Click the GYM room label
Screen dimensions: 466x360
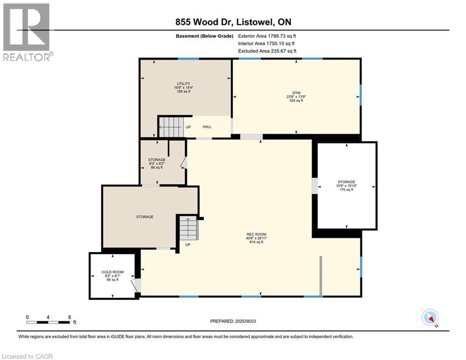[x=296, y=93]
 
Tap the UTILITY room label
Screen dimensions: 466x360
[x=184, y=84]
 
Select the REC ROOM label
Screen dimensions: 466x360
[x=257, y=234]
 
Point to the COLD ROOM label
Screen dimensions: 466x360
[x=113, y=272]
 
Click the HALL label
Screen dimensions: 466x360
[x=207, y=127]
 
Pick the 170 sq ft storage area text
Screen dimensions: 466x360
[x=347, y=189]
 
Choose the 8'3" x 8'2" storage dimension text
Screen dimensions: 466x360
[x=157, y=164]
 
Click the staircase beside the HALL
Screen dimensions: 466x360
[x=170, y=127]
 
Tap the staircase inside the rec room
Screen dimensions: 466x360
[x=189, y=229]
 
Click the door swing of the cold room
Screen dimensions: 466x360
[x=136, y=285]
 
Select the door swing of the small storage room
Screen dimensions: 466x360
[x=184, y=163]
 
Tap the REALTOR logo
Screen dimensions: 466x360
[x=27, y=32]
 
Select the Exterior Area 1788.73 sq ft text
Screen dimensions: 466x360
[x=267, y=36]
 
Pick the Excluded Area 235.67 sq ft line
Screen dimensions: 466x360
[x=267, y=51]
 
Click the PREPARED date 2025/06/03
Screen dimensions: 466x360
[x=233, y=321]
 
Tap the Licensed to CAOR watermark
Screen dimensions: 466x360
[x=27, y=356]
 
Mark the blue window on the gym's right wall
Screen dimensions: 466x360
[x=361, y=95]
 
